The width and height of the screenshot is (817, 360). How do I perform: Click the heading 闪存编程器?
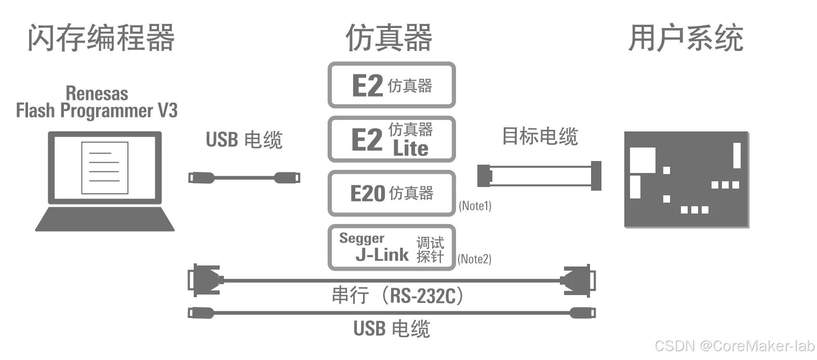click(x=101, y=38)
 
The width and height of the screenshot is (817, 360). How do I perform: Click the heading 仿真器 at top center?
click(x=389, y=38)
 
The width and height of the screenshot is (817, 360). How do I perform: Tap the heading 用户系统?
click(x=686, y=38)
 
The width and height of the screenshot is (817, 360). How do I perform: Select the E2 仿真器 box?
click(x=392, y=85)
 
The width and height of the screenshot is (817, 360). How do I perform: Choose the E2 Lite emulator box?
click(x=392, y=139)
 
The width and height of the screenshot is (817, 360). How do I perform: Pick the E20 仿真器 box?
click(x=392, y=193)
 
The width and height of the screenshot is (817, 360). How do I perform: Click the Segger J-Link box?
click(x=392, y=248)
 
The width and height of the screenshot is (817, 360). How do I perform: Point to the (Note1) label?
click(x=475, y=206)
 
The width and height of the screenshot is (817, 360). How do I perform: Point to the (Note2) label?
click(x=474, y=259)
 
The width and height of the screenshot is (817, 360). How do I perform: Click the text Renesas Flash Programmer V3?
click(x=97, y=102)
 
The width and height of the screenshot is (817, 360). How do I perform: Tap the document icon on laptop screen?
click(x=104, y=167)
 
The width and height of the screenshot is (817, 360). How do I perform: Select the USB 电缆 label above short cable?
click(x=244, y=140)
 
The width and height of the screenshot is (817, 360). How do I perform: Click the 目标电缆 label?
click(x=540, y=136)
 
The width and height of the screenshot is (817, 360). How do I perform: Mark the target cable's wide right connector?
click(x=595, y=176)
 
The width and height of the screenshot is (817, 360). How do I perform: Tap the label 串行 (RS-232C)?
click(x=397, y=296)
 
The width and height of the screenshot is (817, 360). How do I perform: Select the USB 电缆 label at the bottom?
click(x=392, y=329)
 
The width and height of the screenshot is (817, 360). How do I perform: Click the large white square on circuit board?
click(x=642, y=159)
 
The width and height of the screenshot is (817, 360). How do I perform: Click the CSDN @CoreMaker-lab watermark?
click(x=734, y=346)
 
